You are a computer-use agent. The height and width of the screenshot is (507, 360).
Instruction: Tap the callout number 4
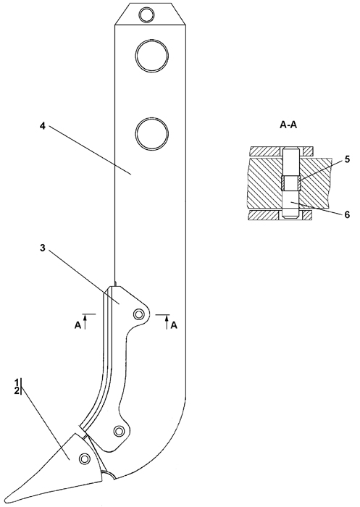tap(42, 126)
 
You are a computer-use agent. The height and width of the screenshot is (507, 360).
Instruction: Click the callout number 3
tap(42, 248)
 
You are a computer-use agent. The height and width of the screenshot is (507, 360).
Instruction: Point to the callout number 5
tap(347, 159)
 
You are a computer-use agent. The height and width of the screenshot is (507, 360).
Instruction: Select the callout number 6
tap(347, 214)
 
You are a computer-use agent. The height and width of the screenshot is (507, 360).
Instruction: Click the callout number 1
tap(16, 382)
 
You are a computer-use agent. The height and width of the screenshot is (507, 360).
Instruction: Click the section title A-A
tap(288, 125)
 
